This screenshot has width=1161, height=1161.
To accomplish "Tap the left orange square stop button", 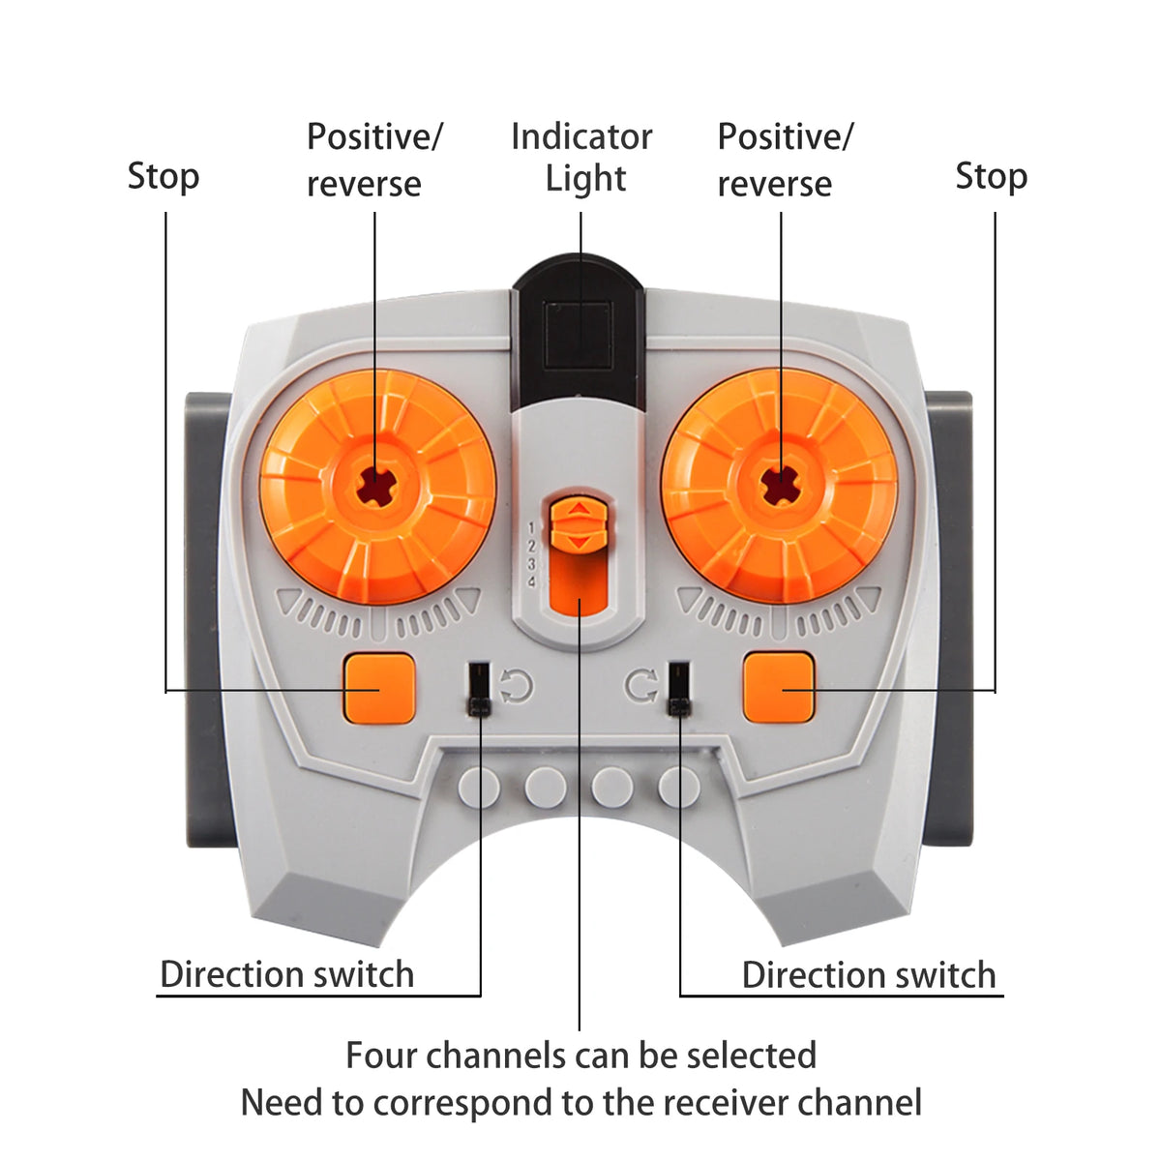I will pos(378,688).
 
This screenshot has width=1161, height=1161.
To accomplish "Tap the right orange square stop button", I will pos(779,688).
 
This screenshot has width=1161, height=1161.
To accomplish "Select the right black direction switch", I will pos(678,688).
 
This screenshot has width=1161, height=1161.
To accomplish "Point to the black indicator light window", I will pos(578,334).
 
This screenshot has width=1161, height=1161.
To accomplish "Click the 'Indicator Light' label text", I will pos(582,158).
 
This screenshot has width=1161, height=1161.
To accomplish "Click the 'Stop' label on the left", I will pos(164,177).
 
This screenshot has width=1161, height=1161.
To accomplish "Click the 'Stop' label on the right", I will pos(991,177).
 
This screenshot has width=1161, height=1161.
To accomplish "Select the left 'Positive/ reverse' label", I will pos(373,160).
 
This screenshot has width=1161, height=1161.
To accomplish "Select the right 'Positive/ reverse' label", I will pos(785,160).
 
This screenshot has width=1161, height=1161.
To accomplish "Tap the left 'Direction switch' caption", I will pos(287,974).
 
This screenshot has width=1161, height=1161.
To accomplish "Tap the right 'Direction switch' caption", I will pos(869,974).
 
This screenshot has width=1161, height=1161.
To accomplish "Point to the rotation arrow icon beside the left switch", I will pos(516,687).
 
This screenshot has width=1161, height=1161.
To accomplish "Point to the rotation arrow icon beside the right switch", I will pos(640,687).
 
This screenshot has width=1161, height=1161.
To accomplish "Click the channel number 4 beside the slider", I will pos(531,581).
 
